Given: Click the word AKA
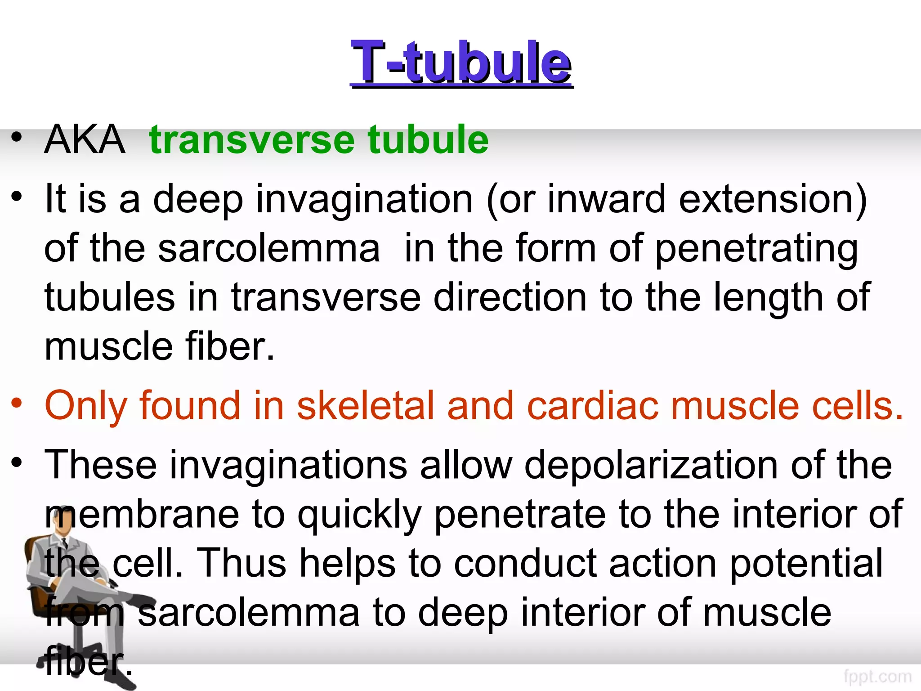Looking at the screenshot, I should coord(85,139).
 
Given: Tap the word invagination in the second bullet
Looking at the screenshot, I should coord(364,199).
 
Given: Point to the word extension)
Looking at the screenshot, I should coord(773,199).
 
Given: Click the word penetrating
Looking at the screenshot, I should coord(756,249).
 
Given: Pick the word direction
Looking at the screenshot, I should coord(510,297).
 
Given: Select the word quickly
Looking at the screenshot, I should coord(360,514).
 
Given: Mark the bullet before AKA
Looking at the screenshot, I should coord(17,137).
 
